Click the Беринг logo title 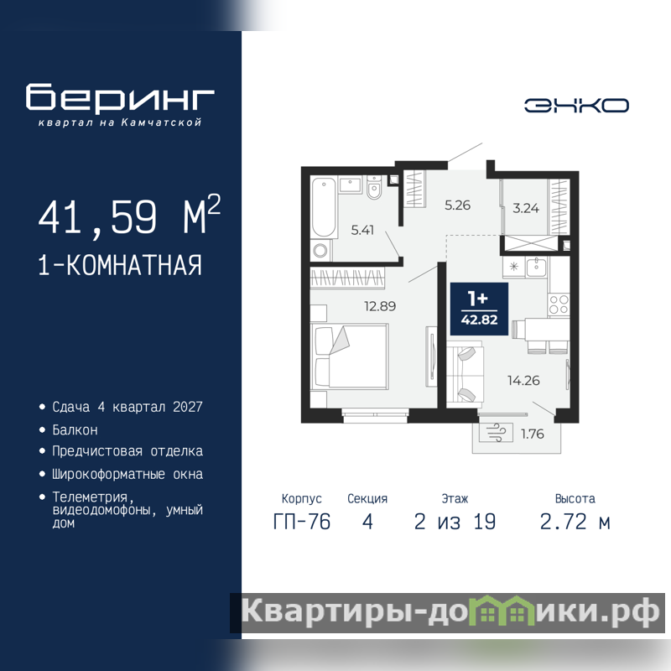pos(120,97)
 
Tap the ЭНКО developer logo pos(576,106)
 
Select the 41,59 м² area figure pos(129,216)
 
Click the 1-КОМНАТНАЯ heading pos(120,265)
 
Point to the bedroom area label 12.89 pos(380,306)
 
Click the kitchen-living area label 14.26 pos(523,380)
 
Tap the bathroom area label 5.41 pos(362,230)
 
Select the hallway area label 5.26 pos(457,205)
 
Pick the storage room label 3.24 pos(526,208)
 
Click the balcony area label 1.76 pos(533,434)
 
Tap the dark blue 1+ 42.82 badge pos(479,309)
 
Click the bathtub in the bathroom pos(324,207)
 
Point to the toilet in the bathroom pos(374,187)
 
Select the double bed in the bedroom pos(350,356)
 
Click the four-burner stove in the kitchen pos(559,304)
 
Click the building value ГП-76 pos(302,522)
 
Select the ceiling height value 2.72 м pos(575,522)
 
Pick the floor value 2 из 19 pos(455,522)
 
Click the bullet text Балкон pos(75,429)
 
